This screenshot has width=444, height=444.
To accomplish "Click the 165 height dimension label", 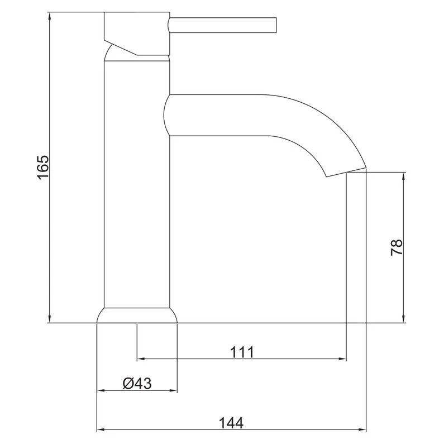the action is [x=43, y=168].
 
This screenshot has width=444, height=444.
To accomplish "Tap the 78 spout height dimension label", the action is [x=397, y=247].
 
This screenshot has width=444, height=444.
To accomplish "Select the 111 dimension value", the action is [x=242, y=352].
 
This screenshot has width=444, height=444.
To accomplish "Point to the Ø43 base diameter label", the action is [x=137, y=384].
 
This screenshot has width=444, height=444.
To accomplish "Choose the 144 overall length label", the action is [x=231, y=423].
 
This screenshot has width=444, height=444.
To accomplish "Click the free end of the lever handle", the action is [x=276, y=25].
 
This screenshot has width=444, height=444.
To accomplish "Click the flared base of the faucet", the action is [x=137, y=315].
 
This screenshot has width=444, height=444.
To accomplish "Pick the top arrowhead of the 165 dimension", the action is [x=50, y=16].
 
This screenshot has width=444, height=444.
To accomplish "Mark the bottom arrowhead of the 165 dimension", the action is [x=50, y=319].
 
